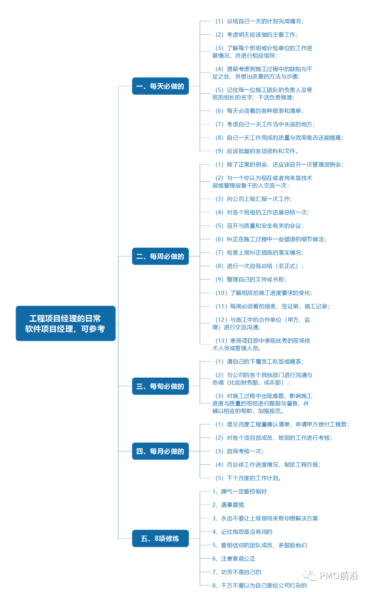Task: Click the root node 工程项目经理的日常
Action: point(65,323)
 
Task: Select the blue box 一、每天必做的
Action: point(160,86)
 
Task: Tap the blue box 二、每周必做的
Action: point(160,256)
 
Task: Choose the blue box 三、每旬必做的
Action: point(160,386)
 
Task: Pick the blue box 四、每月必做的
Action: point(160,451)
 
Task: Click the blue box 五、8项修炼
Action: point(160,538)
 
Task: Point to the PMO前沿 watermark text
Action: point(338,576)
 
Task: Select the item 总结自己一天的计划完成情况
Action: point(259,21)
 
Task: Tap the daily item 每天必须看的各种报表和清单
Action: point(259,111)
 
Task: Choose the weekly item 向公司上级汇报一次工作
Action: point(254,199)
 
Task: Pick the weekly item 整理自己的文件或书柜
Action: point(251,280)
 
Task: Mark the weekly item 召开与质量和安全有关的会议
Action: point(259,226)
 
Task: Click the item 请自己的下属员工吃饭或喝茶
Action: point(259,362)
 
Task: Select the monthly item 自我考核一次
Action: point(239,451)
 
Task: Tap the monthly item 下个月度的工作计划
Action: point(248,478)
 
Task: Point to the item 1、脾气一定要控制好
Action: point(239,492)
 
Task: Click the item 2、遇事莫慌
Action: point(228,505)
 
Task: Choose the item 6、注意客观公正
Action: point(234,559)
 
